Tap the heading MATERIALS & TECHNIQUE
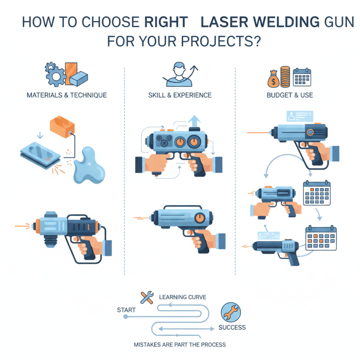click(x=67, y=95)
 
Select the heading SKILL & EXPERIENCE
click(x=180, y=95)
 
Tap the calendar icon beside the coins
click(x=302, y=77)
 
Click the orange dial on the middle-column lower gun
click(x=198, y=219)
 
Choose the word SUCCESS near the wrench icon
click(x=232, y=327)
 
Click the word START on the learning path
click(x=127, y=310)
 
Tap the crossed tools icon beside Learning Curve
click(x=147, y=297)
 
